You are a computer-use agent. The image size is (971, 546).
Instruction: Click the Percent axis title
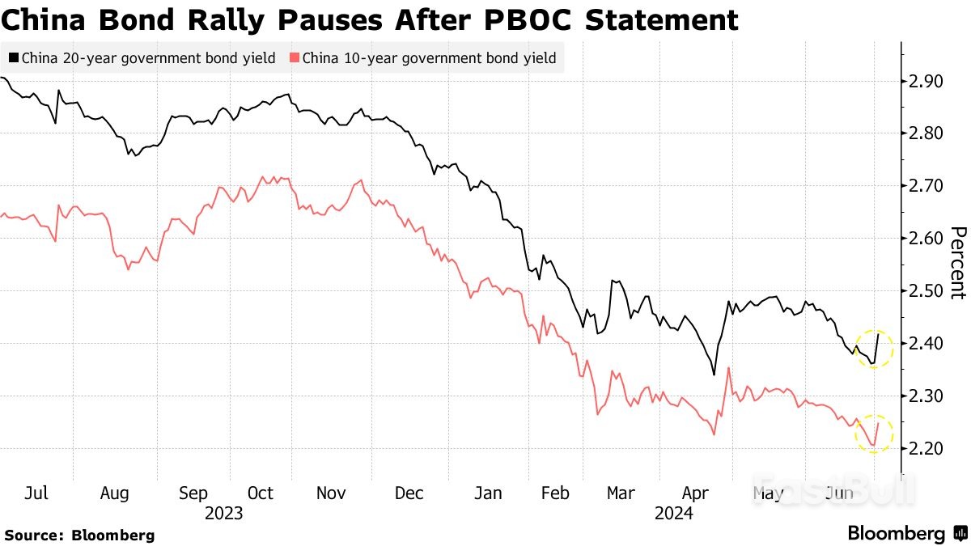[957, 263]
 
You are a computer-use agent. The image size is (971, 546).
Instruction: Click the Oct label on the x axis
[260, 493]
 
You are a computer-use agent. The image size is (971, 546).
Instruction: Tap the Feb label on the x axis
[554, 493]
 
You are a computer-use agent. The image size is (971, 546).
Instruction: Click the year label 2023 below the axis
[224, 512]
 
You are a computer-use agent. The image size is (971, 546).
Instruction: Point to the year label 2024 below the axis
[674, 512]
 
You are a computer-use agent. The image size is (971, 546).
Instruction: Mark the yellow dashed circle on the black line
[874, 349]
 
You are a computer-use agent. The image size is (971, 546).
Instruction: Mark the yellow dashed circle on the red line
[874, 433]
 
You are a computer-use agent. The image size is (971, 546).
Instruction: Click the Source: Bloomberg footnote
[79, 535]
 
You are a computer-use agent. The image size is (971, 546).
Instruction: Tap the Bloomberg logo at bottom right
[906, 534]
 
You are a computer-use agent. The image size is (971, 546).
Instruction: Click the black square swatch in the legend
[14, 58]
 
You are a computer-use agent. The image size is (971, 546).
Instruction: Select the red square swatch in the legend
[295, 58]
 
